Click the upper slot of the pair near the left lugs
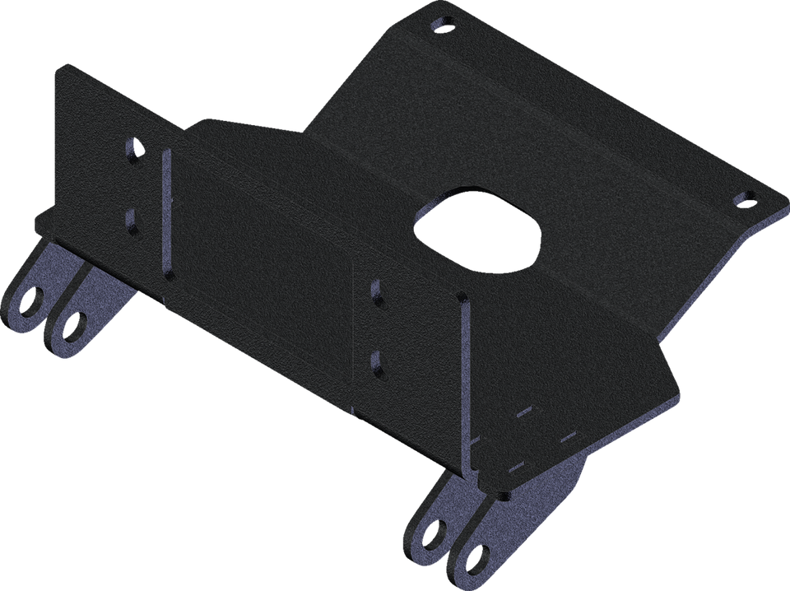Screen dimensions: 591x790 click(132, 153)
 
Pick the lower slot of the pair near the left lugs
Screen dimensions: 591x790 click(132, 218)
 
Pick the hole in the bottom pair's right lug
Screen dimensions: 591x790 click(474, 561)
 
